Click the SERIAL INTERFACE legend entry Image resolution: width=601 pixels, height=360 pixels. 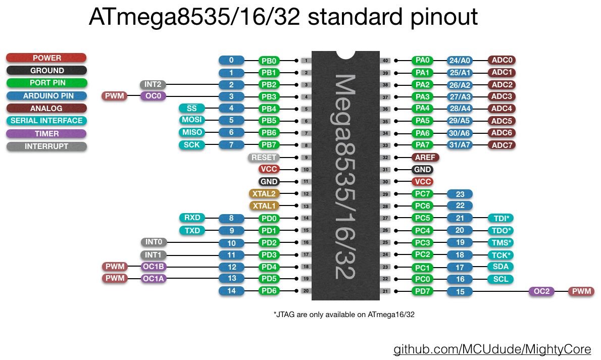click(x=46, y=121)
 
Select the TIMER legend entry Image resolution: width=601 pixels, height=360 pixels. click(x=46, y=134)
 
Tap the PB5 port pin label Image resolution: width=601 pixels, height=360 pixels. click(x=269, y=121)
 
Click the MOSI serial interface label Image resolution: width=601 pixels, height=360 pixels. click(x=191, y=120)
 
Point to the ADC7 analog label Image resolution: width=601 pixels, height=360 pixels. click(x=502, y=145)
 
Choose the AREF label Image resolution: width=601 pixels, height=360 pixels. click(x=425, y=158)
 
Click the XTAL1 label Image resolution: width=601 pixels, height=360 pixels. click(x=264, y=206)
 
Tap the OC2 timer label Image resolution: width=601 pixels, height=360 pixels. click(x=541, y=291)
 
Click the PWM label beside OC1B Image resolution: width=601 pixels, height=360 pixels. click(x=115, y=267)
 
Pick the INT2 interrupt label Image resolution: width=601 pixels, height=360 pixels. click(x=153, y=84)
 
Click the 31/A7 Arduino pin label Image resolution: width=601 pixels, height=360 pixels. click(x=460, y=145)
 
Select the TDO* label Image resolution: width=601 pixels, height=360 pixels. click(x=500, y=230)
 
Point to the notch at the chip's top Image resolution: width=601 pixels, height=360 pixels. click(x=346, y=54)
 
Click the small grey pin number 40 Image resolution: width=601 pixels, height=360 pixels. click(x=385, y=61)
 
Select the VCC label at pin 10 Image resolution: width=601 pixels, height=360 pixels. click(x=269, y=170)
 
